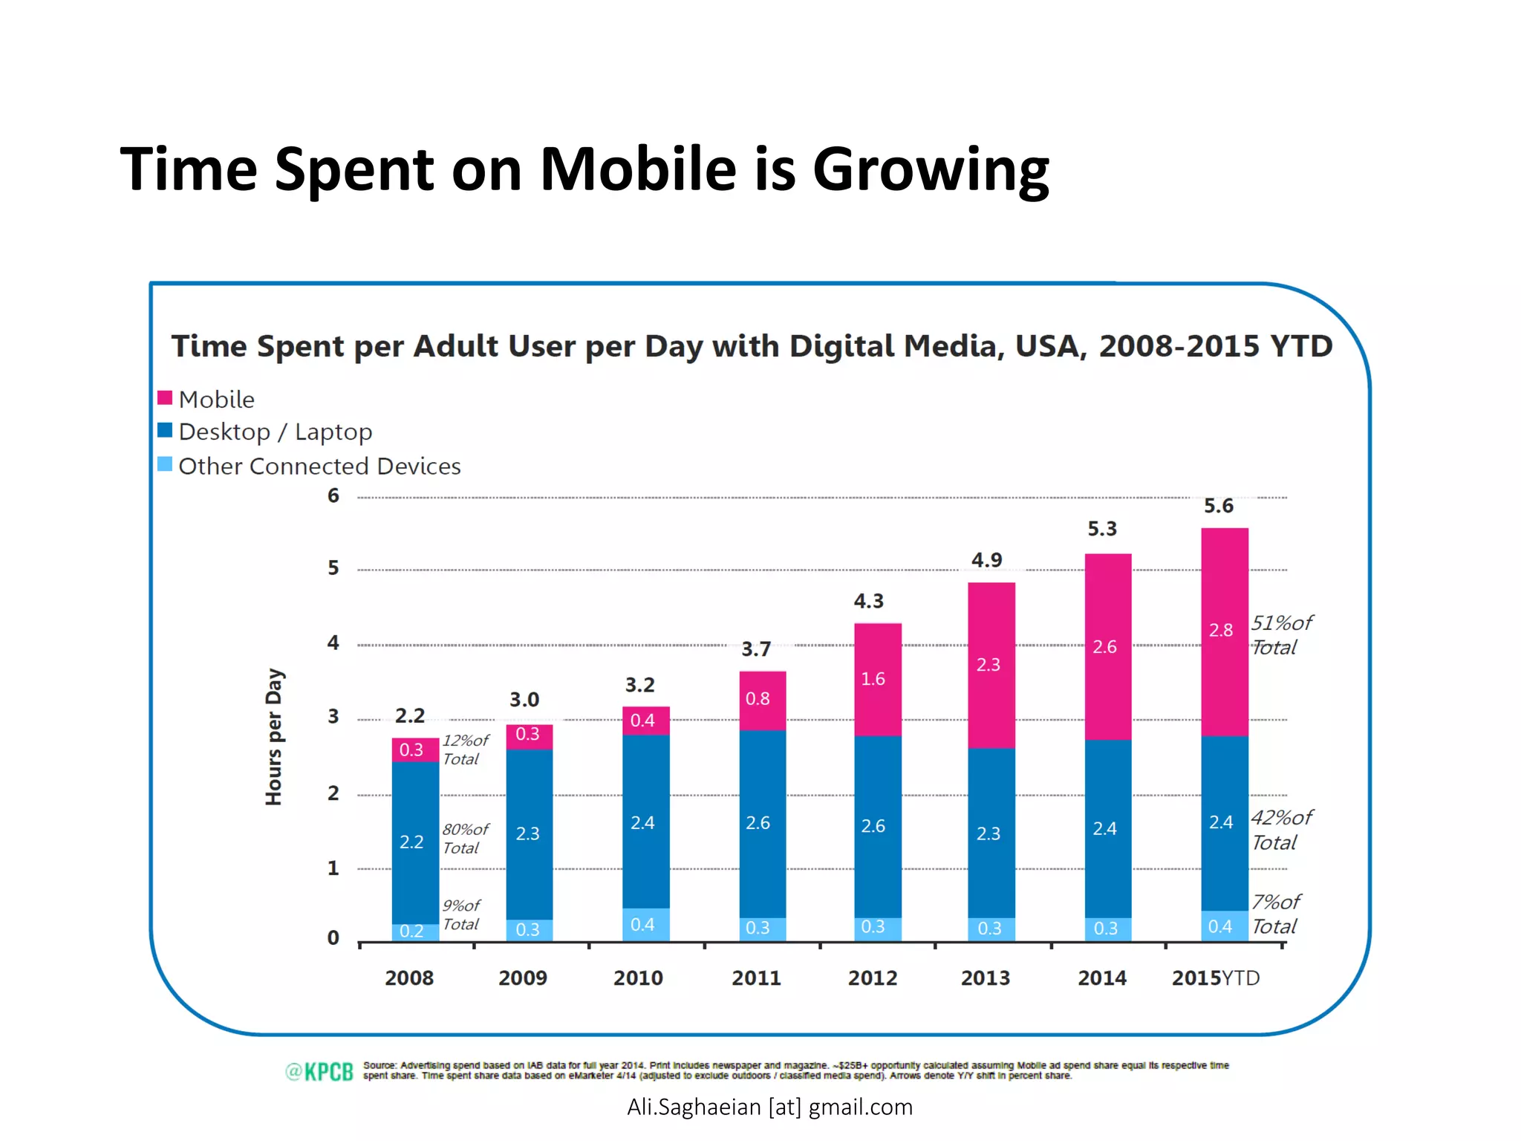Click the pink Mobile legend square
click(x=165, y=398)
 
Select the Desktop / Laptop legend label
click(x=275, y=432)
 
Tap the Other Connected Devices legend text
click(x=319, y=466)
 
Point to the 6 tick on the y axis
click(x=333, y=495)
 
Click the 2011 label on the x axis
click(x=756, y=978)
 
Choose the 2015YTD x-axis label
click(x=1216, y=978)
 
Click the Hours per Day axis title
click(x=274, y=736)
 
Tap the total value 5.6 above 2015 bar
click(x=1218, y=506)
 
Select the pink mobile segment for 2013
click(x=991, y=664)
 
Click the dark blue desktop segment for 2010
click(x=645, y=821)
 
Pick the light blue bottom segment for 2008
click(x=414, y=932)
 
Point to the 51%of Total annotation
click(x=1280, y=634)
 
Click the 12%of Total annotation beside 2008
click(x=465, y=750)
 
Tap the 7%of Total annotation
click(x=1275, y=914)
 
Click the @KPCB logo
click(x=319, y=1071)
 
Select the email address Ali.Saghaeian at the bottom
click(x=769, y=1107)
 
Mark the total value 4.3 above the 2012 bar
click(x=868, y=601)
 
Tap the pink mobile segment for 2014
click(x=1107, y=646)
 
